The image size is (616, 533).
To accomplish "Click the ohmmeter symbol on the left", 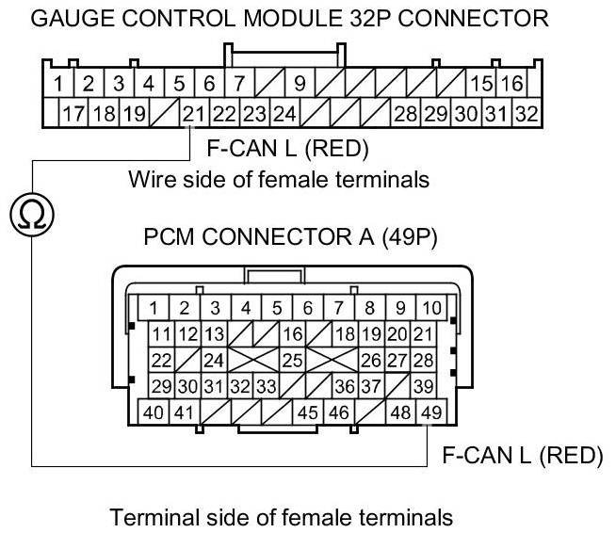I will pyautogui.click(x=31, y=216).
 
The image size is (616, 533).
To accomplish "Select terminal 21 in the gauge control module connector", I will pyautogui.click(x=193, y=115).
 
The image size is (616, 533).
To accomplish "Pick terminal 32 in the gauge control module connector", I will pyautogui.click(x=526, y=115).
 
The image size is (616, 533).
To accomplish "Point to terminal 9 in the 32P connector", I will pyautogui.click(x=300, y=84).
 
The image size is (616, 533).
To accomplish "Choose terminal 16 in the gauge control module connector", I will pyautogui.click(x=511, y=84).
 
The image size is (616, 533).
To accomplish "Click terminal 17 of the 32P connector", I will pyautogui.click(x=73, y=115).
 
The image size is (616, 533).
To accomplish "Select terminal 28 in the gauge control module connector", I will pyautogui.click(x=405, y=115).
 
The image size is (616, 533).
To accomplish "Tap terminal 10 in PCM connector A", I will pyautogui.click(x=430, y=307).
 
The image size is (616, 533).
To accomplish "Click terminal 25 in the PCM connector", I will pyautogui.click(x=292, y=360).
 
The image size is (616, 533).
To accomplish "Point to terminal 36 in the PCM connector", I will pyautogui.click(x=345, y=385).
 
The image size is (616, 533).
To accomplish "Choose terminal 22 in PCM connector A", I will pyautogui.click(x=161, y=360).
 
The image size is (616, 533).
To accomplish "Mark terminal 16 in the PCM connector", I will pyautogui.click(x=292, y=333).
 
